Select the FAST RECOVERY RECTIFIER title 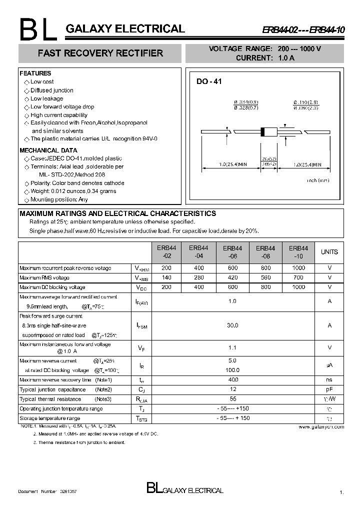click(x=100, y=53)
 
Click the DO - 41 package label click(x=208, y=81)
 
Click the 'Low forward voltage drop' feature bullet click(x=62, y=107)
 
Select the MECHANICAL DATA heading click(x=48, y=150)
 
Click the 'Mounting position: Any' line click(x=59, y=199)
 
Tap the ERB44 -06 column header click(x=232, y=252)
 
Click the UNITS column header click(x=329, y=252)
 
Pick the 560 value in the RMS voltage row click(x=265, y=278)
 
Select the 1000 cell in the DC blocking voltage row click(x=298, y=287)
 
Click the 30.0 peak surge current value click(x=232, y=325)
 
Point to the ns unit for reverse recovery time click(x=329, y=380)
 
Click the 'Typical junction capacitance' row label click(x=52, y=389)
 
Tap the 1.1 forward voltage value click(x=232, y=347)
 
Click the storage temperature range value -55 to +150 click(x=232, y=418)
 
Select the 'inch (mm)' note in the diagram click(x=318, y=180)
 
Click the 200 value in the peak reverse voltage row click(x=166, y=268)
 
